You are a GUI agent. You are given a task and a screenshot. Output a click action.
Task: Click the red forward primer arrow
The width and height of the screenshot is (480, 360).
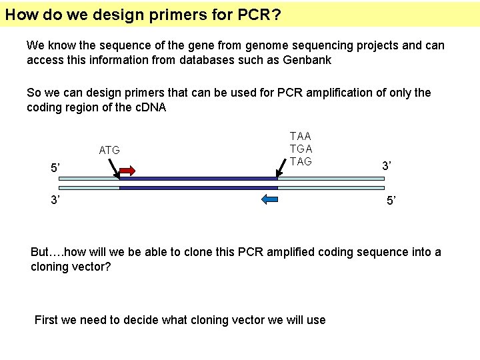[127, 171]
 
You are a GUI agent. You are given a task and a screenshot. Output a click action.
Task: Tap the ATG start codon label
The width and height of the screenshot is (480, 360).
[109, 151]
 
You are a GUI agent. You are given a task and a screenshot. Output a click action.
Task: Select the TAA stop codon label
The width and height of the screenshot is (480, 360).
[301, 137]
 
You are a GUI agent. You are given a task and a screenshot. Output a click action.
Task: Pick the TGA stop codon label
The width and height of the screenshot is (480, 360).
[301, 149]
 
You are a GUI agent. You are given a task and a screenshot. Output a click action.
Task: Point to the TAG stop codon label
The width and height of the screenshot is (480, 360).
[301, 162]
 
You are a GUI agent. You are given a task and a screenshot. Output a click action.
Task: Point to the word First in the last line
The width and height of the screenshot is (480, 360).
[46, 320]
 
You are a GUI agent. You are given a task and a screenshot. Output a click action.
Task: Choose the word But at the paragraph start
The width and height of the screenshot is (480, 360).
[40, 252]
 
